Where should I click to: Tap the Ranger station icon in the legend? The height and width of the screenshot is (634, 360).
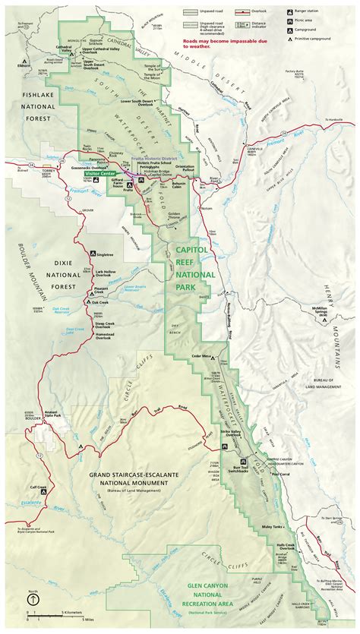(x=289, y=12)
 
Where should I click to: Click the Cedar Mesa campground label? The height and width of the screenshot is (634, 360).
(x=201, y=355)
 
